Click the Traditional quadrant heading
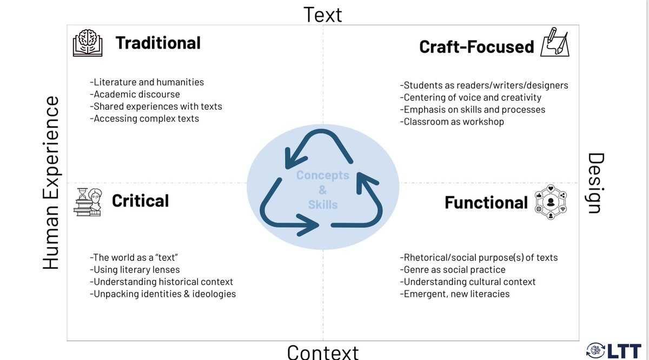pos(158,43)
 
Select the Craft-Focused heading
pos(476,47)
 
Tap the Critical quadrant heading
pos(140,201)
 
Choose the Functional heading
pos(486,203)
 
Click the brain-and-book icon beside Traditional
pos(88,43)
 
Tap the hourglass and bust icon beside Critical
pos(88,202)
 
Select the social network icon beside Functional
pos(551,203)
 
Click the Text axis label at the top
pos(323,14)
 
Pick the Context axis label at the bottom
pos(323,352)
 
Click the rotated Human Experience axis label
pos(51,183)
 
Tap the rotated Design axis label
pos(594,183)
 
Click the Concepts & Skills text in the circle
pos(323,190)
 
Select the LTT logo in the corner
pos(616,349)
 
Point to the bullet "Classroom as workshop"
pos(452,122)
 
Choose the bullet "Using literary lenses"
pos(135,269)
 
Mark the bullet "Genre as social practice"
pos(453,269)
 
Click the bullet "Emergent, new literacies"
pos(455,294)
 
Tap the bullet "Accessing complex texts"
pos(144,118)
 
